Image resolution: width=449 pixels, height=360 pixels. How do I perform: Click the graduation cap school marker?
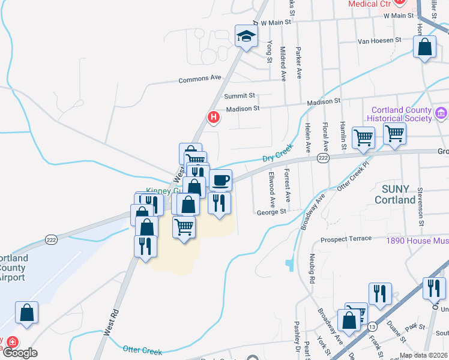point(246,37)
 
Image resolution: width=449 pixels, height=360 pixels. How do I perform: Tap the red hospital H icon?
point(212,117)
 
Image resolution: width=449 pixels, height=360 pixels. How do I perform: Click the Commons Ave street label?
point(200,79)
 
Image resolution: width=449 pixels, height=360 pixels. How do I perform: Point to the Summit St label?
point(240,95)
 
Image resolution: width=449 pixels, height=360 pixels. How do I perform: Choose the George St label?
point(271,212)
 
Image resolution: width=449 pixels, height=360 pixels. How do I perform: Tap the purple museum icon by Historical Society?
point(441,113)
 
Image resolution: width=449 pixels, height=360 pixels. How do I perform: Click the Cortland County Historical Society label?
point(401,114)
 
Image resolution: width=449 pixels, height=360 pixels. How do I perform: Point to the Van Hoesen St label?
point(379,40)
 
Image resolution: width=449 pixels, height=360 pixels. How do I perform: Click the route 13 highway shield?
point(373,326)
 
